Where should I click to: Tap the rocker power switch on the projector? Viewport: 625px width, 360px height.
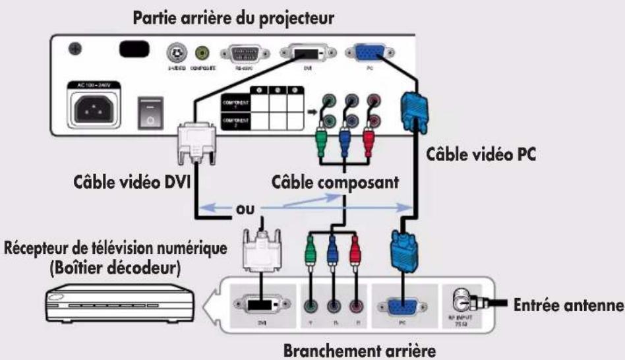click(x=149, y=111)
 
